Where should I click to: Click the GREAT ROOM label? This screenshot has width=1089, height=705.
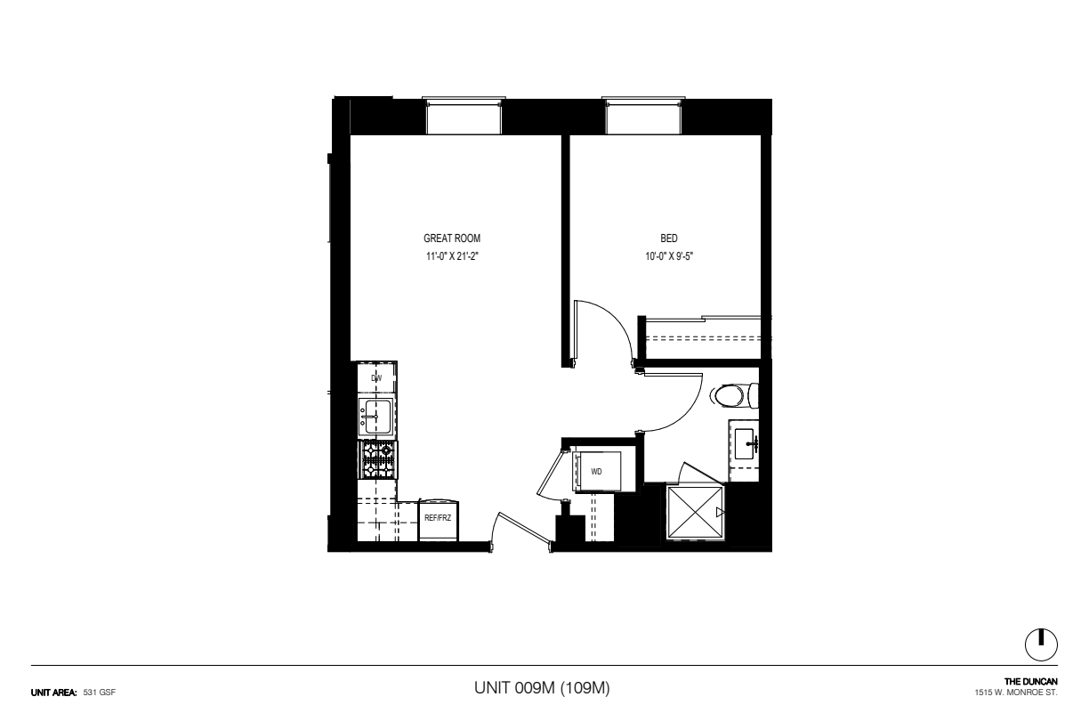[x=452, y=239]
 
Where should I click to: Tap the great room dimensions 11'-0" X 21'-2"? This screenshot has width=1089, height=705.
[x=452, y=256]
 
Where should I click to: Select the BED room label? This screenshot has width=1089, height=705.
[x=668, y=239]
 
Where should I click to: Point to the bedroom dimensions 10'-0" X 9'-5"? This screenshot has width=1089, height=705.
[x=669, y=256]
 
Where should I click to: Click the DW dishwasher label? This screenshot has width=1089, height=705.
[x=376, y=378]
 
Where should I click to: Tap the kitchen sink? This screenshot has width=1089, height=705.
[x=375, y=417]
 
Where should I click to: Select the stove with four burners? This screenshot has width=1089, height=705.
[x=378, y=460]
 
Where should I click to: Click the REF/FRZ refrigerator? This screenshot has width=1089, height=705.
[x=438, y=520]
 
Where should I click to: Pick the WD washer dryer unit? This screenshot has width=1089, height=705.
[x=598, y=472]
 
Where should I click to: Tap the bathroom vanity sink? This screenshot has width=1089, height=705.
[x=745, y=443]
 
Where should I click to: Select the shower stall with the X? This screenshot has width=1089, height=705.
[x=695, y=512]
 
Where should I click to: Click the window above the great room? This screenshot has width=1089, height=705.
[x=464, y=116]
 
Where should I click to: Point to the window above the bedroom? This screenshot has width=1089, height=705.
[x=643, y=116]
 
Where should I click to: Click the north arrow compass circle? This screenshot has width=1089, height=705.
[x=1041, y=645]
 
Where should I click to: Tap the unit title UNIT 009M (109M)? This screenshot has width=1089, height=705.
[x=542, y=688]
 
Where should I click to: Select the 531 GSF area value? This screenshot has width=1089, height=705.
[x=99, y=693]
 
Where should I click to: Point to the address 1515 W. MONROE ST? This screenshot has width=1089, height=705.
[x=1016, y=693]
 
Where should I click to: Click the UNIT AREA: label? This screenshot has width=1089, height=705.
[x=54, y=693]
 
